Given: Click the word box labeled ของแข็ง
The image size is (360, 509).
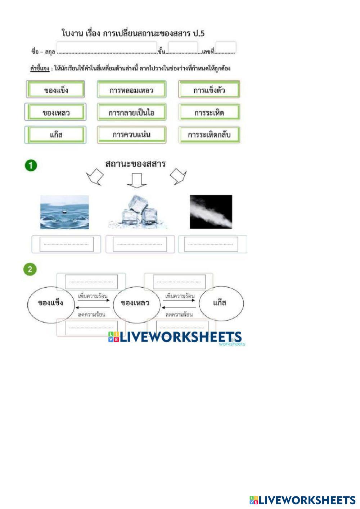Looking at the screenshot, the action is click(x=56, y=90).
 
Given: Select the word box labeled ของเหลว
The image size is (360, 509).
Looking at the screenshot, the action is click(x=56, y=112).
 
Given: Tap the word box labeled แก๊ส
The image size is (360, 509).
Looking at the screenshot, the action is click(x=56, y=135).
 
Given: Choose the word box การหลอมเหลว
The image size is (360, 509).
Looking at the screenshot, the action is click(x=131, y=90).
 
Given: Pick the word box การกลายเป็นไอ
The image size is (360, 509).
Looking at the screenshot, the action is click(x=131, y=112).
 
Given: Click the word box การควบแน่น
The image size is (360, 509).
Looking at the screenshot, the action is click(x=131, y=135).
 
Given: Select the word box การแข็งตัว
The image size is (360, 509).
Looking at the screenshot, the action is click(x=209, y=90).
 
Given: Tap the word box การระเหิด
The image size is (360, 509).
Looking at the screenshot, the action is click(x=209, y=112).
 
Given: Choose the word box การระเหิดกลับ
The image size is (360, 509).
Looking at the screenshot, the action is click(x=209, y=135).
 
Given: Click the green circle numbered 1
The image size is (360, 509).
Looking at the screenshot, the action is click(x=31, y=166).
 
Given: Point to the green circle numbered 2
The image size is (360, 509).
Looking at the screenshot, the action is click(x=30, y=269).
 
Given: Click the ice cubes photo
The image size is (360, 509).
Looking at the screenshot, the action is click(x=138, y=212).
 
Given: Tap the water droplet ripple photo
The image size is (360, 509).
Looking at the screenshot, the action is click(x=64, y=212).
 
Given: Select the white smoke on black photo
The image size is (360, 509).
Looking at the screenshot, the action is click(x=211, y=212).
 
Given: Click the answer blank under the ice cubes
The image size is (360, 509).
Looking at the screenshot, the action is click(x=140, y=244).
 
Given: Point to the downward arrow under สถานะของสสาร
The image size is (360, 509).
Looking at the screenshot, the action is click(x=137, y=180).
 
